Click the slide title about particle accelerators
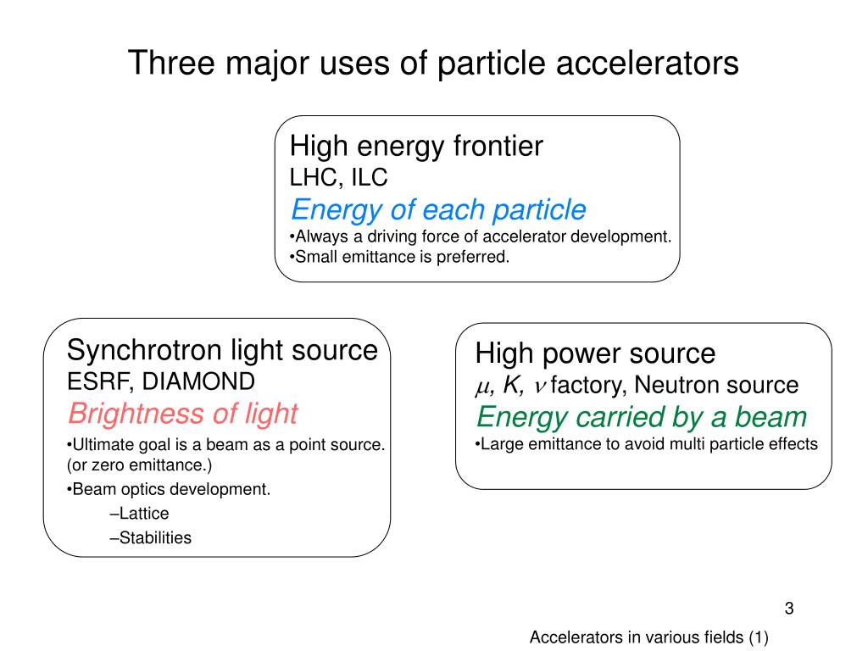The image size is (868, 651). pyautogui.click(x=433, y=64)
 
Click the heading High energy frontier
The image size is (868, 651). pyautogui.click(x=416, y=147)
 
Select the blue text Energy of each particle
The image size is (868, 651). pyautogui.click(x=438, y=209)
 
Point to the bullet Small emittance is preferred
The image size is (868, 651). pyautogui.click(x=401, y=257)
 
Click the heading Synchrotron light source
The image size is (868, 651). pyautogui.click(x=222, y=349)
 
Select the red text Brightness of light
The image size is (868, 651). pyautogui.click(x=182, y=414)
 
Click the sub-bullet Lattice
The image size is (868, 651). pyautogui.click(x=141, y=513)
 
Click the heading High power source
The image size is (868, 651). pyautogui.click(x=595, y=353)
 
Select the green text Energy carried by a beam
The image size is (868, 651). pyautogui.click(x=641, y=417)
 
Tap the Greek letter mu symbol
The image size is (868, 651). pyautogui.click(x=482, y=387)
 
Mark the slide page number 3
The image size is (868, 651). pyautogui.click(x=789, y=608)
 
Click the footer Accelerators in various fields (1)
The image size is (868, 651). pyautogui.click(x=648, y=637)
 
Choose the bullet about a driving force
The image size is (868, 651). pyautogui.click(x=482, y=236)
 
